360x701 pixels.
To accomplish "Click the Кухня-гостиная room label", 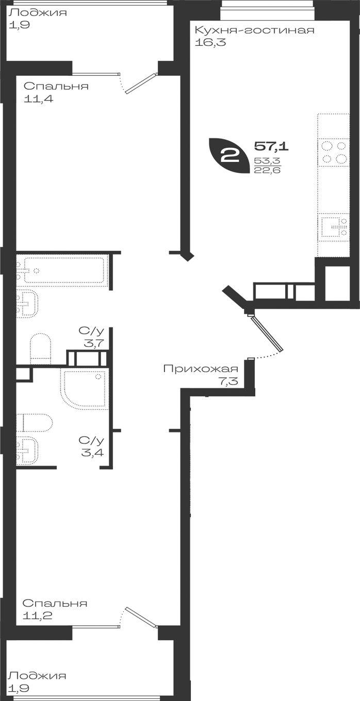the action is [254, 30].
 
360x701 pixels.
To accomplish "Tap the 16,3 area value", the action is [210, 42].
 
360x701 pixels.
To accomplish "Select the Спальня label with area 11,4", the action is [56, 86].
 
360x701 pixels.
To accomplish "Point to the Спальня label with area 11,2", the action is [55, 603].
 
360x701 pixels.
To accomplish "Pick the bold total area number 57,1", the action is [271, 146].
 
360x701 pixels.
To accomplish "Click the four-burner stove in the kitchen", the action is [333, 152].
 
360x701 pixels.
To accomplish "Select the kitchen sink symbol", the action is [333, 227].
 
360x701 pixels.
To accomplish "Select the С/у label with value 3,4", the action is [91, 446].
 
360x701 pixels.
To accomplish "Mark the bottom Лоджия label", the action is [38, 676].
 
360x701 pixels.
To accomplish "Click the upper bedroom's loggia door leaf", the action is [141, 83].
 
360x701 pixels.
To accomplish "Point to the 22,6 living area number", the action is [267, 170].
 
